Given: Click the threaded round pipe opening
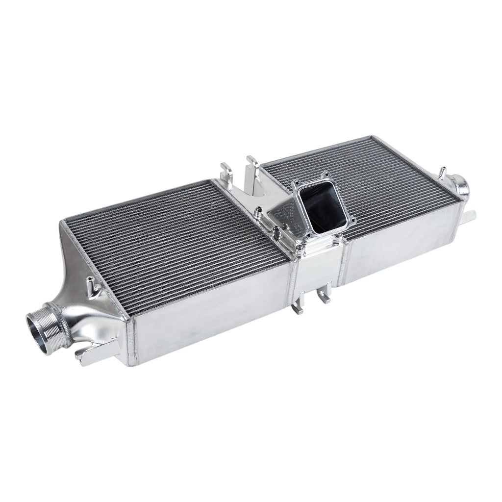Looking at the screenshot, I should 41,327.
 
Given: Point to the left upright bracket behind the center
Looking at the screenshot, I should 228,174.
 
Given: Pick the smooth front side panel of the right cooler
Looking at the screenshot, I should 402,245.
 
